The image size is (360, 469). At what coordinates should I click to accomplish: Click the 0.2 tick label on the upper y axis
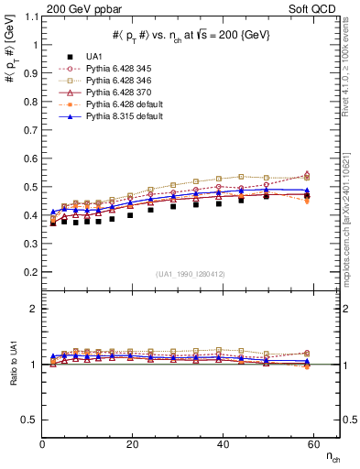coord(28,272)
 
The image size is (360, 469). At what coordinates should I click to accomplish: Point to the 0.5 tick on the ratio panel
coord(28,420)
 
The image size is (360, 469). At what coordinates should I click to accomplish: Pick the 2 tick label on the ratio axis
coord(33,310)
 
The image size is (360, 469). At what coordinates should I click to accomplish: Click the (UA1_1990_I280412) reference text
coord(191,274)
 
